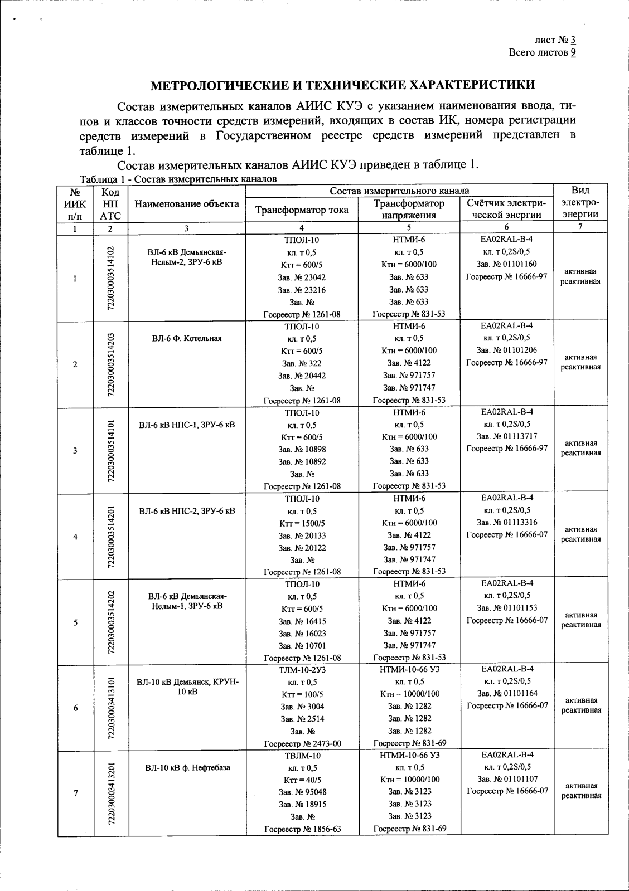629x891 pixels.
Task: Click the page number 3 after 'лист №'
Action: point(573,40)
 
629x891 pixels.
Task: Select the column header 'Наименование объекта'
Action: point(187,204)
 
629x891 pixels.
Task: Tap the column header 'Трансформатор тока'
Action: point(302,210)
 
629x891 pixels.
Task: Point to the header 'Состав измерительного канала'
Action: point(399,191)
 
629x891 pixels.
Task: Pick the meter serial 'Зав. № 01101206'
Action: point(506,350)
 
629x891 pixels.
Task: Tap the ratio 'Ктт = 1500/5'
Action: point(302,523)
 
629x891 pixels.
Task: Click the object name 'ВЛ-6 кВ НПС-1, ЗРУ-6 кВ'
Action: point(187,425)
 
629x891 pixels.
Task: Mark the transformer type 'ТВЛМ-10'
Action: point(302,756)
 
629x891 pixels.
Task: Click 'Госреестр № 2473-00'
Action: point(302,743)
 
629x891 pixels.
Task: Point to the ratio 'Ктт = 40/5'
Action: point(302,780)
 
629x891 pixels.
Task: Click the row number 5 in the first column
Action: point(75,622)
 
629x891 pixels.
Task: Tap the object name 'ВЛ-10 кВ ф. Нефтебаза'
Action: point(187,768)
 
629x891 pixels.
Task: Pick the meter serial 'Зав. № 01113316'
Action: point(506,522)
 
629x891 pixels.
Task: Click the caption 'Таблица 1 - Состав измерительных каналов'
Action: point(178,179)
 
